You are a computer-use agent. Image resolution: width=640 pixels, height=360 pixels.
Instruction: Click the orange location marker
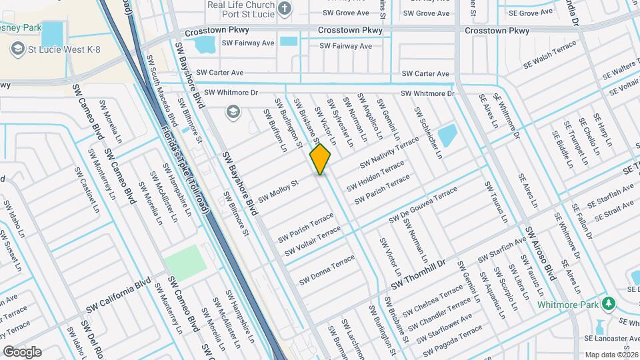(x=321, y=159)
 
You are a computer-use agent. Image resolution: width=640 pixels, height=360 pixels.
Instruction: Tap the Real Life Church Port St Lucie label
(x=241, y=9)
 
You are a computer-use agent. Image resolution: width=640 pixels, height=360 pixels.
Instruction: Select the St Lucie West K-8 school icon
(x=17, y=49)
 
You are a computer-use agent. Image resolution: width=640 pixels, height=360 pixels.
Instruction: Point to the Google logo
(x=22, y=351)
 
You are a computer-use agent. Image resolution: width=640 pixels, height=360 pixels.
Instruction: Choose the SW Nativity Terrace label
(x=389, y=154)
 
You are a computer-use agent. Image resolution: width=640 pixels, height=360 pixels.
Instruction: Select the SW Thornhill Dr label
(x=426, y=274)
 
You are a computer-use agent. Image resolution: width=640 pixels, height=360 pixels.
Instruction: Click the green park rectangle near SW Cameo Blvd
(x=186, y=262)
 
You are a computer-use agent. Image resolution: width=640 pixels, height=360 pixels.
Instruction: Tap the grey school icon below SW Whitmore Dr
(x=233, y=111)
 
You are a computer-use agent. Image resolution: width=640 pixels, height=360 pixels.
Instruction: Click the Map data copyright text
(x=611, y=355)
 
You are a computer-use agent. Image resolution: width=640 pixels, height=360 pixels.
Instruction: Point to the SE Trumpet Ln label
(x=575, y=139)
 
